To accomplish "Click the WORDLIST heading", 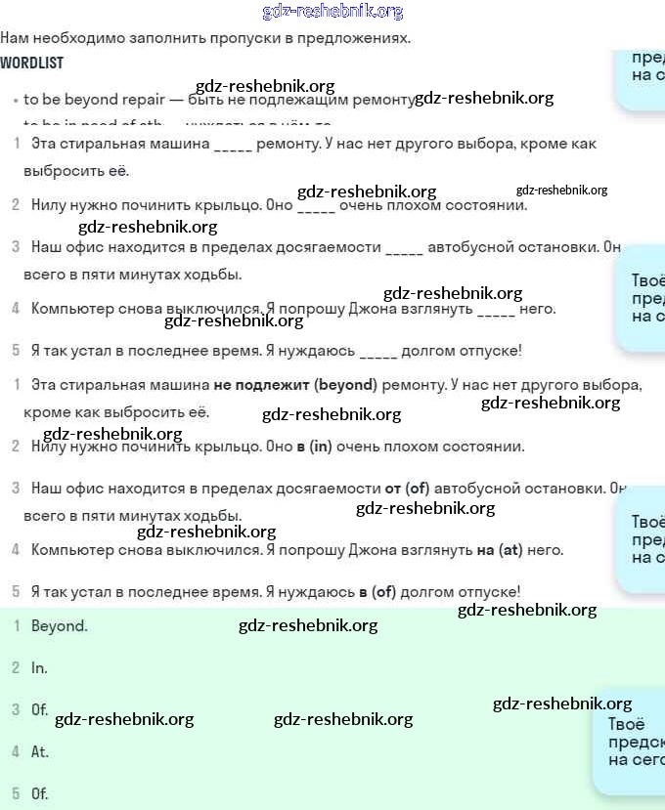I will click(x=31, y=63).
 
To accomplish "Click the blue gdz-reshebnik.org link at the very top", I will click(x=332, y=12).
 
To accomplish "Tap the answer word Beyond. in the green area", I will click(x=60, y=626).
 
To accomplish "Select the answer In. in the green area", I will click(x=39, y=668).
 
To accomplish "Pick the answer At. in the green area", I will click(x=40, y=752).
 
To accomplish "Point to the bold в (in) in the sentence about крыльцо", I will click(x=314, y=447).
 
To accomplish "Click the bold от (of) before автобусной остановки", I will click(x=407, y=488).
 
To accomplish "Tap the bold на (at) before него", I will click(x=500, y=550).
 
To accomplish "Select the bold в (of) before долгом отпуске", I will click(x=377, y=591).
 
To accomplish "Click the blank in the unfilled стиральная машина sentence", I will click(x=232, y=145).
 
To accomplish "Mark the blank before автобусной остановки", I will click(x=404, y=248).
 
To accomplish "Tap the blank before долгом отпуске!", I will click(x=377, y=351).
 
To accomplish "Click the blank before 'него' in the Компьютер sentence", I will click(x=496, y=310).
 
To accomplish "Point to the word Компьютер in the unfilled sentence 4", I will click(x=70, y=309).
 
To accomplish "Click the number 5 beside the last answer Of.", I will click(x=16, y=793).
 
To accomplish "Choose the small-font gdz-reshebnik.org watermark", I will click(x=561, y=191).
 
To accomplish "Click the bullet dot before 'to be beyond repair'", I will click(x=16, y=101).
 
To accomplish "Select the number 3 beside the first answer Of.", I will click(x=16, y=709).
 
